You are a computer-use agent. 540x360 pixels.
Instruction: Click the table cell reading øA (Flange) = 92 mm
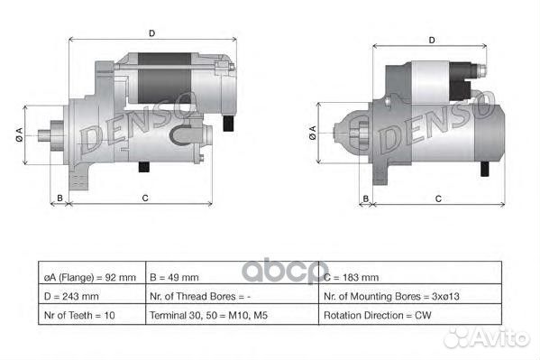(90, 277)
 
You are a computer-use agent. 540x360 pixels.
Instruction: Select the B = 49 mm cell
(231, 277)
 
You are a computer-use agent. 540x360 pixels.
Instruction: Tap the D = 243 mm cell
(90, 295)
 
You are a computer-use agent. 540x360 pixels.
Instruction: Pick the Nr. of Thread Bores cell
(231, 295)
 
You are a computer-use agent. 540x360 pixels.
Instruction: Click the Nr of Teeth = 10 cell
(90, 315)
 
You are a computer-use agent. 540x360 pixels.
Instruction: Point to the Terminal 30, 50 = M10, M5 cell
(231, 315)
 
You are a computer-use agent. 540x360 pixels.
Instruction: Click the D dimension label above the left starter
(151, 33)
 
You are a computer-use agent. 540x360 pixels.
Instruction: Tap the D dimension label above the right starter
(432, 40)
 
